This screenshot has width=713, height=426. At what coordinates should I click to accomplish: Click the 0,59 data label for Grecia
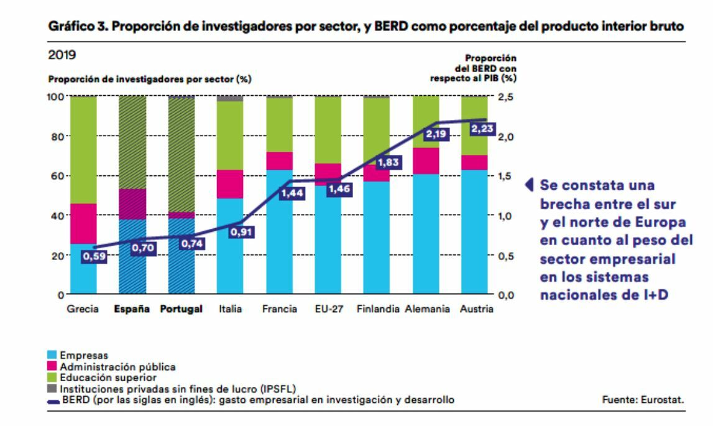[x=94, y=256]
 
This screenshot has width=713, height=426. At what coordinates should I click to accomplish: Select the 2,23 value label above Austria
[x=484, y=129]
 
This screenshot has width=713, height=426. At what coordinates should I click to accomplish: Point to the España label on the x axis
[x=132, y=309]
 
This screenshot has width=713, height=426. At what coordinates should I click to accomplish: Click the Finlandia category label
[x=378, y=309]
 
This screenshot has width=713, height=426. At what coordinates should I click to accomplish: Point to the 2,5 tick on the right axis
[x=507, y=97]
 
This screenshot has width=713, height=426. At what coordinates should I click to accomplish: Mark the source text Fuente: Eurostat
[x=643, y=400]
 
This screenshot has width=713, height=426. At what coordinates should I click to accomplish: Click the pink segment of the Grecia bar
[x=83, y=223]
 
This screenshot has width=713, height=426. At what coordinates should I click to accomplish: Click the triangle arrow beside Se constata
[x=530, y=185]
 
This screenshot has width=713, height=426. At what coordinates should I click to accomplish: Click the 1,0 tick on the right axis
[x=507, y=216]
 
